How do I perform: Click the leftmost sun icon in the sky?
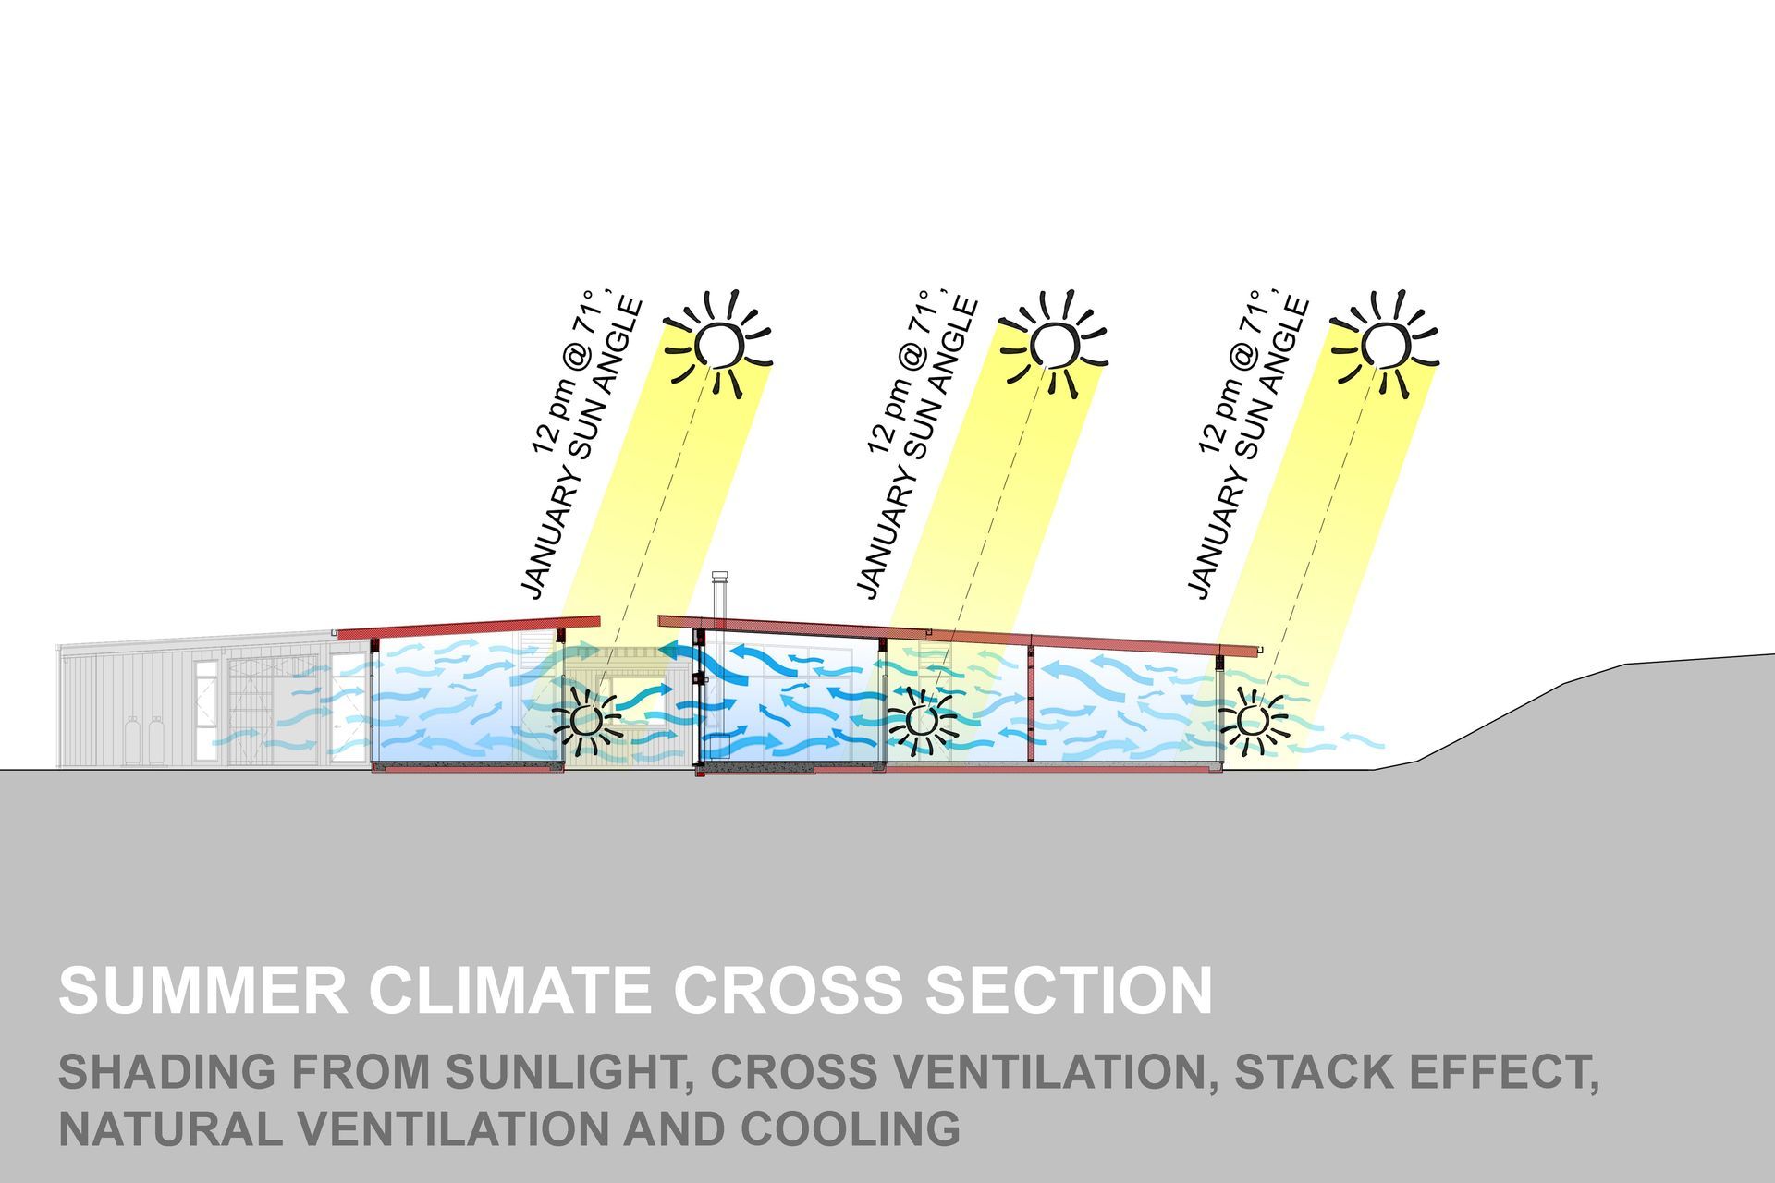[x=718, y=344]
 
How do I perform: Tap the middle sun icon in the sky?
[x=1054, y=344]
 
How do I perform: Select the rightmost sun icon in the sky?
[x=1386, y=344]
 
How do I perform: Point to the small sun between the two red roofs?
[x=586, y=719]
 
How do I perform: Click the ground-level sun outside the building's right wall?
[x=1253, y=719]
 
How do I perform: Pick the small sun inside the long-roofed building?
[x=921, y=719]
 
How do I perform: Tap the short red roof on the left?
[x=469, y=628]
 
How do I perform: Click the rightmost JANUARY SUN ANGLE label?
[x=1248, y=447]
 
